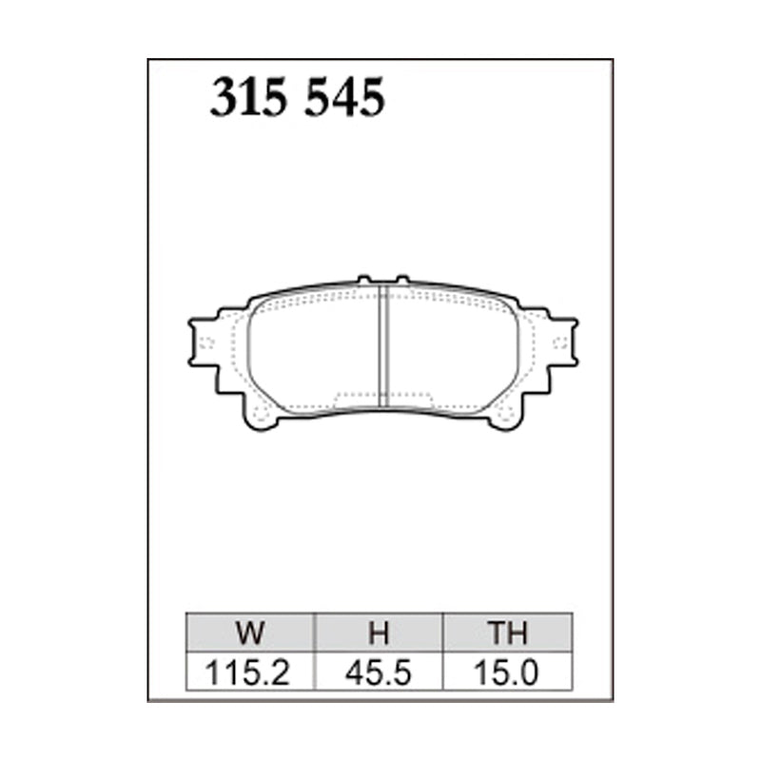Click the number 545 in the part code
pos(343,99)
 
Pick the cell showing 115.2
pos(251,673)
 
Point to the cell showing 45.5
pos(379,673)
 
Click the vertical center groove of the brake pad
pos(382,347)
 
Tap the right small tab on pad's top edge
pos(401,281)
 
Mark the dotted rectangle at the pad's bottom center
pos(382,396)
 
